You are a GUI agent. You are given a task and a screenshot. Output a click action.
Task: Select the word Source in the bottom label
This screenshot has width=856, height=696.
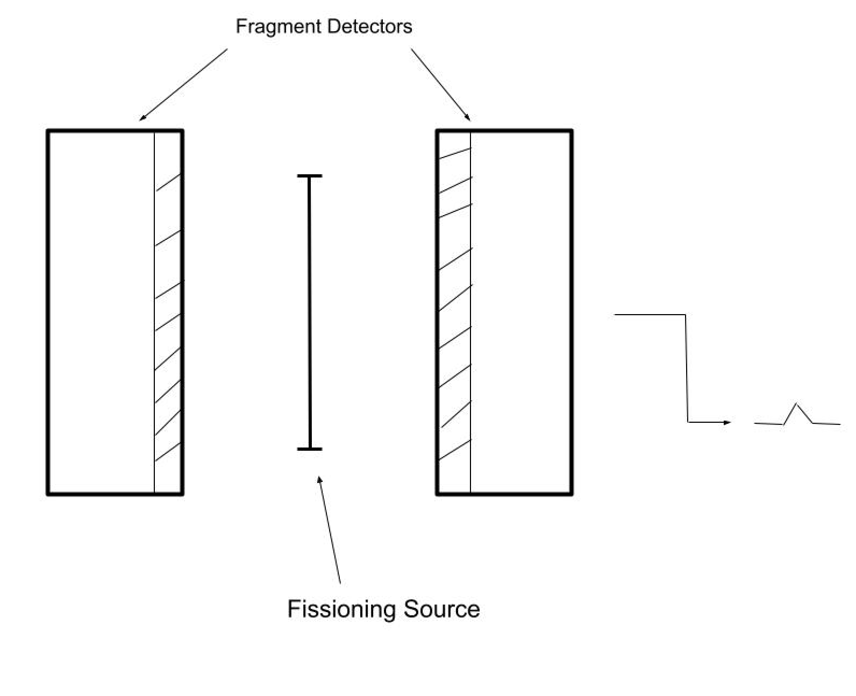(441, 609)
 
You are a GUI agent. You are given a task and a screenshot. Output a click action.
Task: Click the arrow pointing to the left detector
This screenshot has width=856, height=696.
(183, 84)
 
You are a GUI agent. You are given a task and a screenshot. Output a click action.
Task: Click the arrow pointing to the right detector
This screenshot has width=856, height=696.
(441, 84)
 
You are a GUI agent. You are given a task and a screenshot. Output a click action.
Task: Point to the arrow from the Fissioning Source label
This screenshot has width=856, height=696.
(330, 530)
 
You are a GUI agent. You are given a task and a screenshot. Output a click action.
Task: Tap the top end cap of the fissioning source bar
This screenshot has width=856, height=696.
(310, 176)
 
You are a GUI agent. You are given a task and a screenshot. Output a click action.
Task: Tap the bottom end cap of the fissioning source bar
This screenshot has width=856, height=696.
(310, 449)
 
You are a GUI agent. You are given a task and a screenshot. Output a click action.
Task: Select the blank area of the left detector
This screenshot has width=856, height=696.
(101, 312)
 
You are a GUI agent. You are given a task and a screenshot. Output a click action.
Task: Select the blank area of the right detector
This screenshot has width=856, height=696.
(520, 312)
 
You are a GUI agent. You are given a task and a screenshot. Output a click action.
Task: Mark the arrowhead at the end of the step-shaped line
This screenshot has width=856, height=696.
(727, 422)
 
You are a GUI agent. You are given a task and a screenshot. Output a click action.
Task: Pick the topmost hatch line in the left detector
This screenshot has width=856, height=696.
(169, 182)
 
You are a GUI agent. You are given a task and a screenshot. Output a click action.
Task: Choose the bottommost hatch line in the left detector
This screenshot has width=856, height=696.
(168, 452)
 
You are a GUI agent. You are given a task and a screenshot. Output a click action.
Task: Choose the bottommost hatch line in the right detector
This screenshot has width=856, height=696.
(455, 450)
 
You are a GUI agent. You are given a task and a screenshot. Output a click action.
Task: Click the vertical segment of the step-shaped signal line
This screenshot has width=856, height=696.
(687, 368)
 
